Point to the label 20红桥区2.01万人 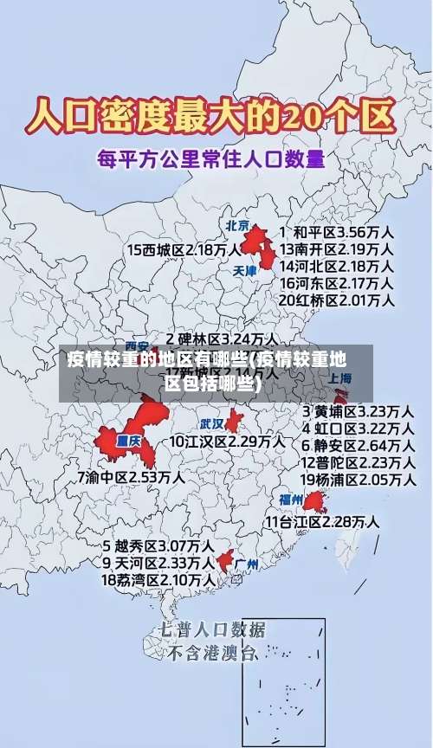[x=336, y=300]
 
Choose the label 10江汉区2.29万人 [x=227, y=442]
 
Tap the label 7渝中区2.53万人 [x=130, y=477]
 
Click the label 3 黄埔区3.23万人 [x=357, y=410]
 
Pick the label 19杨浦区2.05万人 [x=357, y=480]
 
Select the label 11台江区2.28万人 [x=322, y=522]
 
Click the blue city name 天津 [x=245, y=271]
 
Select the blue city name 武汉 [x=211, y=424]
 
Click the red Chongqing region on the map [x=130, y=433]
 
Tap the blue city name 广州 [x=247, y=564]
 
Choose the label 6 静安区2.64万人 [x=357, y=445]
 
